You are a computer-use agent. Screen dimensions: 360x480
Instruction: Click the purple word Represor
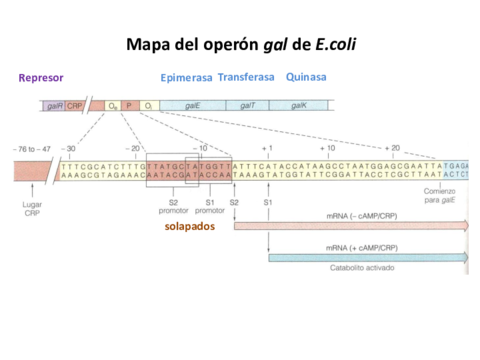pos(42,77)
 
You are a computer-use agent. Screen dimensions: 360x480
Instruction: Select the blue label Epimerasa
pos(186,77)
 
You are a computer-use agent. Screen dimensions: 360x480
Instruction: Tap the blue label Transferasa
pos(247,76)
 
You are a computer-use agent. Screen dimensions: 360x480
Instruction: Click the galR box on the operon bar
pos(53,105)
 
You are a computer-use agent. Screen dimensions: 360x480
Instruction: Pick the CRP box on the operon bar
pos(74,105)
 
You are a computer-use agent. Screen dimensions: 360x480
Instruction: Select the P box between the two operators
pos(128,105)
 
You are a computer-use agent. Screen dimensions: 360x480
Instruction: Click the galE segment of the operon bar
pos(192,105)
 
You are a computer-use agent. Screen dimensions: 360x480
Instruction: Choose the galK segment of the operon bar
pos(299,105)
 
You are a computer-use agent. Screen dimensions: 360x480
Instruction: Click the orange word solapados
pos(189,226)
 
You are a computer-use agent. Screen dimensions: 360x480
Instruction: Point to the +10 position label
pos(327,148)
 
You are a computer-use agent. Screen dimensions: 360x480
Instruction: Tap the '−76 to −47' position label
pos(30,148)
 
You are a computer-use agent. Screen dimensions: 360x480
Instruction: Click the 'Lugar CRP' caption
pos(32,208)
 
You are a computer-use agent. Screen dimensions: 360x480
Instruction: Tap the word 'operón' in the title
pos(225,45)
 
